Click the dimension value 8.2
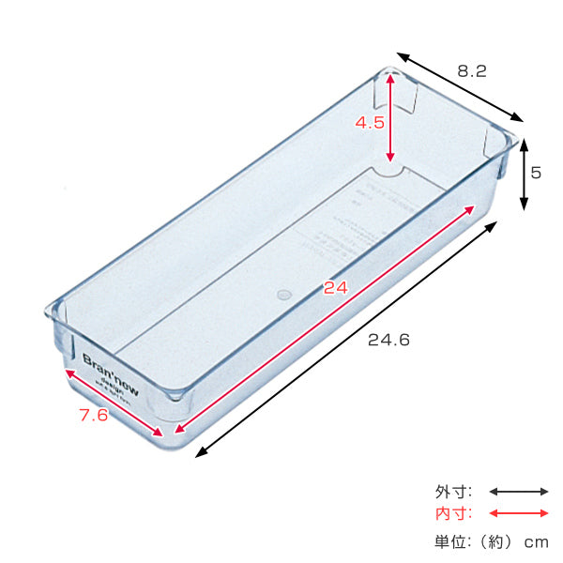click(471, 70)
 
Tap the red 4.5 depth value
click(369, 122)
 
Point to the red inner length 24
click(335, 288)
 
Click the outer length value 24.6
click(389, 341)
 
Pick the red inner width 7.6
click(93, 416)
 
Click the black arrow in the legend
click(518, 491)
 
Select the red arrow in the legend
click(518, 513)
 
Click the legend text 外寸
click(453, 491)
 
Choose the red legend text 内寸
click(453, 513)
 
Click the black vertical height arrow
click(524, 175)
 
